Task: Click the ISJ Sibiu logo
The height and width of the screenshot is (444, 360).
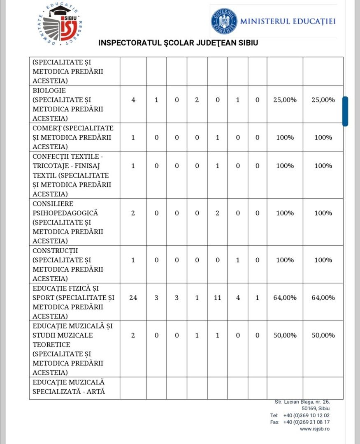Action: pyautogui.click(x=59, y=23)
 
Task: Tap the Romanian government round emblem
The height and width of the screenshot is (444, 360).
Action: pyautogui.click(x=224, y=21)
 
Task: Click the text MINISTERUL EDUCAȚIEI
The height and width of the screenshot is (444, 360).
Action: pyautogui.click(x=288, y=21)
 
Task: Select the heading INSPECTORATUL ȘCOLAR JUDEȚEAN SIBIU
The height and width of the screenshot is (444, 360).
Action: pyautogui.click(x=178, y=43)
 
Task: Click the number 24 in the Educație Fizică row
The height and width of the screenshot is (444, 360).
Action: pyautogui.click(x=133, y=298)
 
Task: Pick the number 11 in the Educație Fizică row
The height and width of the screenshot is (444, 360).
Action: pyautogui.click(x=217, y=298)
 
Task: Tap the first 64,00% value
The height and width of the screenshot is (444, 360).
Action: pyautogui.click(x=285, y=298)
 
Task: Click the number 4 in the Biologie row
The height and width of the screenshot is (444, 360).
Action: pyautogui.click(x=133, y=100)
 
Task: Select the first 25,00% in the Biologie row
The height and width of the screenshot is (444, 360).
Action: pyautogui.click(x=285, y=100)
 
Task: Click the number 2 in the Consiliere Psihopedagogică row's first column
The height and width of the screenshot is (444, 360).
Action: pyautogui.click(x=133, y=213)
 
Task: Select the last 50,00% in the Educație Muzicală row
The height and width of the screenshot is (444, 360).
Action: pyautogui.click(x=323, y=335)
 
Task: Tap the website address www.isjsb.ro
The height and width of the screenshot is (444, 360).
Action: pyautogui.click(x=314, y=429)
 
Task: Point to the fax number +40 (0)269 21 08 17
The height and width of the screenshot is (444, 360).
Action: pyautogui.click(x=306, y=422)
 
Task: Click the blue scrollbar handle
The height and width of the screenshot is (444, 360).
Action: pyautogui.click(x=345, y=111)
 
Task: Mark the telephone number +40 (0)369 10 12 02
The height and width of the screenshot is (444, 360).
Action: pyautogui.click(x=306, y=416)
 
